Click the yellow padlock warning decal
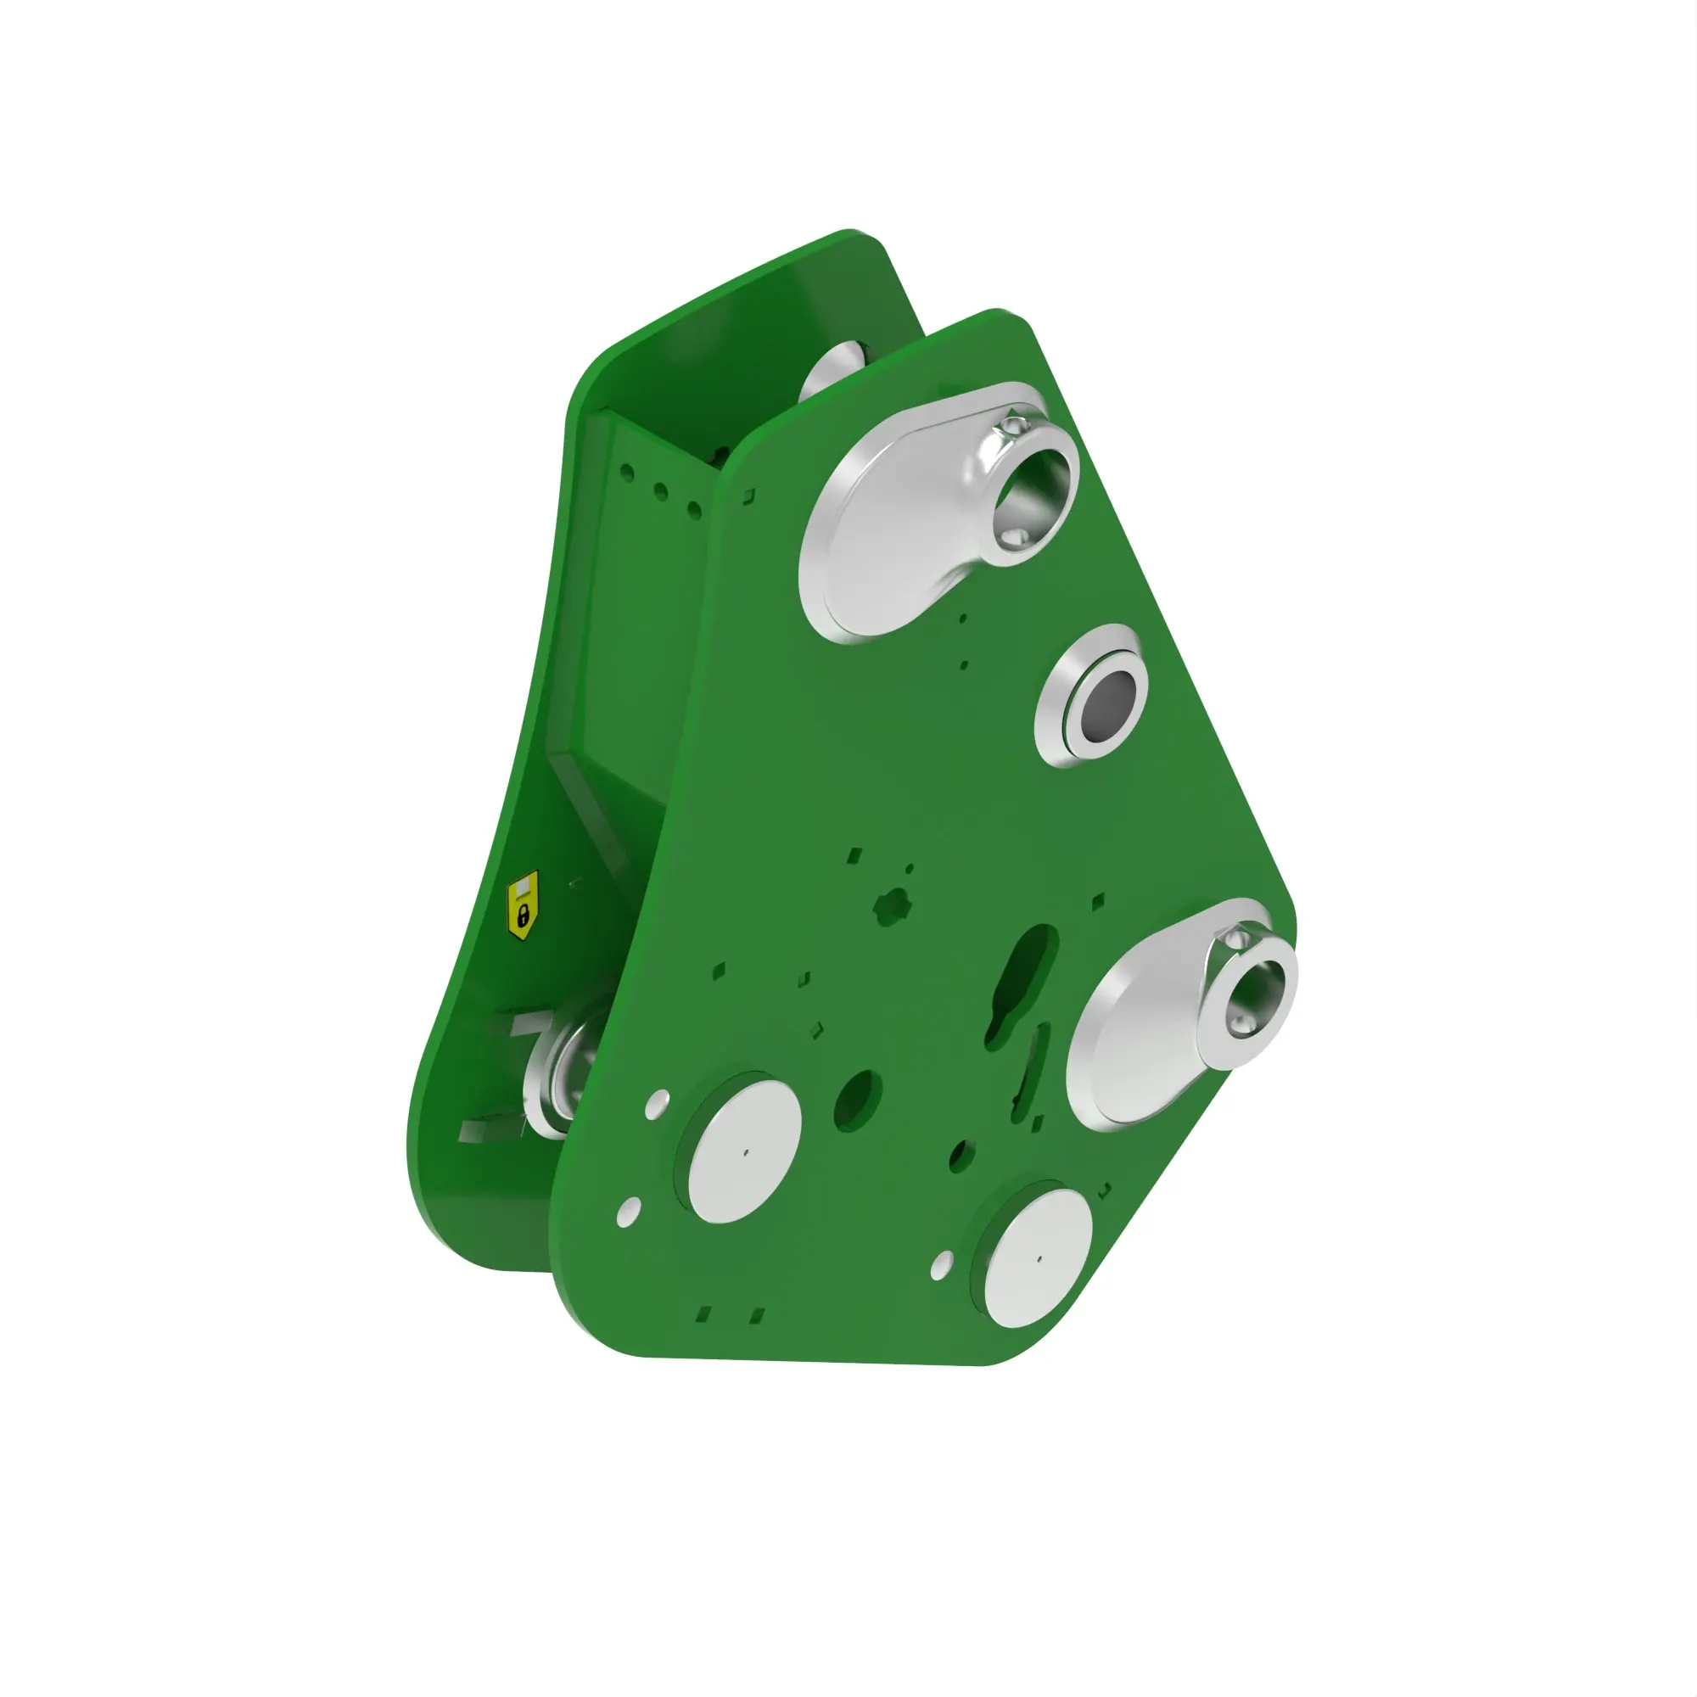[524, 905]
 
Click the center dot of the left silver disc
[746, 1151]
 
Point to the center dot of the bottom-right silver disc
[1039, 1257]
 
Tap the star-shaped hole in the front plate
[893, 905]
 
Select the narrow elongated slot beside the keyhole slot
[1030, 1072]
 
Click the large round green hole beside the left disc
[857, 1100]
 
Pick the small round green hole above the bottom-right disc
[963, 1156]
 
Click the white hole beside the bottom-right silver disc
[942, 1265]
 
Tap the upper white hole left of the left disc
[657, 1104]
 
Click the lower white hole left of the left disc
[629, 1213]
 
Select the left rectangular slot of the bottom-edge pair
[703, 1314]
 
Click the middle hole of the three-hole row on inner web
[660, 491]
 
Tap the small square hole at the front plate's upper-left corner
[748, 497]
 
